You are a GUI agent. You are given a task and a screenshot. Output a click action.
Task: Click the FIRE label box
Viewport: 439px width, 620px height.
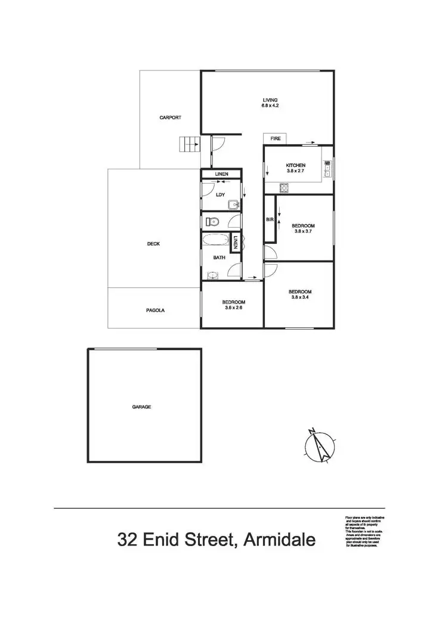click(x=276, y=138)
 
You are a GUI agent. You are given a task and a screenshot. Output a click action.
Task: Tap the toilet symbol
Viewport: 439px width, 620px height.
click(x=212, y=222)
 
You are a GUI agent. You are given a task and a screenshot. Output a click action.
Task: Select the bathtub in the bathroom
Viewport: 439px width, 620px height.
click(x=216, y=241)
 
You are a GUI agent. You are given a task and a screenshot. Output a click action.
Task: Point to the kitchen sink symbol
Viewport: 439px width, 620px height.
click(x=327, y=170)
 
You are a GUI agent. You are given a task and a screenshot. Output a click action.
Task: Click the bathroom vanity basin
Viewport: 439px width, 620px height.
click(x=213, y=275)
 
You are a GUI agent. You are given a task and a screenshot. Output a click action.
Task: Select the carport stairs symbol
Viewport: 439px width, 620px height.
click(x=190, y=144)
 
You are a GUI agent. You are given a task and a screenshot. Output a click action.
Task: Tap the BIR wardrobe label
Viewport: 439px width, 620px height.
click(x=270, y=220)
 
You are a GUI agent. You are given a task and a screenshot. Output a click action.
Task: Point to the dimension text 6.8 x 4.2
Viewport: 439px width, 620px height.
click(x=270, y=106)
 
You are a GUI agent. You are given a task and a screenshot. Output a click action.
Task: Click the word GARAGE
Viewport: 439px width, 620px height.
click(x=141, y=407)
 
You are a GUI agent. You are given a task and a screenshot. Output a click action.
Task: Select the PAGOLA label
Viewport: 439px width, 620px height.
click(x=155, y=311)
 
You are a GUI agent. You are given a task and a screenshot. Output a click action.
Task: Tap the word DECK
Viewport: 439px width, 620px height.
click(x=153, y=244)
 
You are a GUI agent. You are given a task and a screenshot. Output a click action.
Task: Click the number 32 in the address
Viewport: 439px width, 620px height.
click(x=129, y=540)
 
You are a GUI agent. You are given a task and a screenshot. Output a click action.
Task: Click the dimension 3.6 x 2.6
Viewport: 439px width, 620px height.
click(x=234, y=308)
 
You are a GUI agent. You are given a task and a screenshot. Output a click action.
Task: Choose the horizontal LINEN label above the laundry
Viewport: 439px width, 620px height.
click(x=222, y=174)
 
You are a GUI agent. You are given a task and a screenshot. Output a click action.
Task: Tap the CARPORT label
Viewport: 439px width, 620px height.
click(x=170, y=117)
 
